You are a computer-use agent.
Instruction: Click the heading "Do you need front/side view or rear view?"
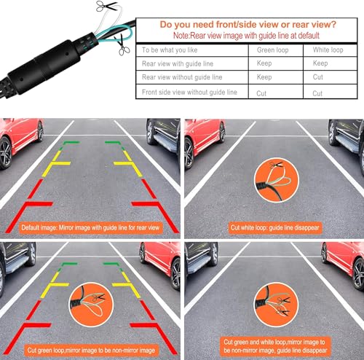coord(248,25)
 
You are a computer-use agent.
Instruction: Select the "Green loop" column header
coord(272,50)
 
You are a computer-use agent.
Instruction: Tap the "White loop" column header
coord(328,50)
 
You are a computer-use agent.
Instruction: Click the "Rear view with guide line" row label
coord(178,63)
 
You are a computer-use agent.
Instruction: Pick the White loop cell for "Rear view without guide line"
coord(318,77)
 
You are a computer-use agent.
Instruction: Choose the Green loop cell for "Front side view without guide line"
coord(261,93)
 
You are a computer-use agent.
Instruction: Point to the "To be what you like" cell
coord(170,50)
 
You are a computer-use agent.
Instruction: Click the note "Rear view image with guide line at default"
coord(246,36)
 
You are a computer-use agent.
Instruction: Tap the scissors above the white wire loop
coord(106,6)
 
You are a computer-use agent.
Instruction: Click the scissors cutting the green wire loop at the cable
coord(123,46)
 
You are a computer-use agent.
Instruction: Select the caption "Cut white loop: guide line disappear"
coord(275,227)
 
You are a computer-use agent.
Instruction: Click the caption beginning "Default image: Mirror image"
coord(90,227)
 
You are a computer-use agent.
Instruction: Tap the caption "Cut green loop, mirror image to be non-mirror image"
coord(91,351)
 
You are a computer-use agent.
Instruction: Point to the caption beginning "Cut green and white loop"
coord(275,346)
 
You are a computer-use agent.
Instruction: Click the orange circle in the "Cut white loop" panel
coord(277,180)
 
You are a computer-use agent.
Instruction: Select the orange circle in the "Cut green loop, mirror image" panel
coord(91,305)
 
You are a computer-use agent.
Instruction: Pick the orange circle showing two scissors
coord(277,305)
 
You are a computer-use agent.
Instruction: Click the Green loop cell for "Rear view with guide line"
coord(264,63)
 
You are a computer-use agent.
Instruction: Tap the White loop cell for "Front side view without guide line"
coord(317,93)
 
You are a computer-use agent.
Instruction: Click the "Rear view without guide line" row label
coord(182,77)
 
